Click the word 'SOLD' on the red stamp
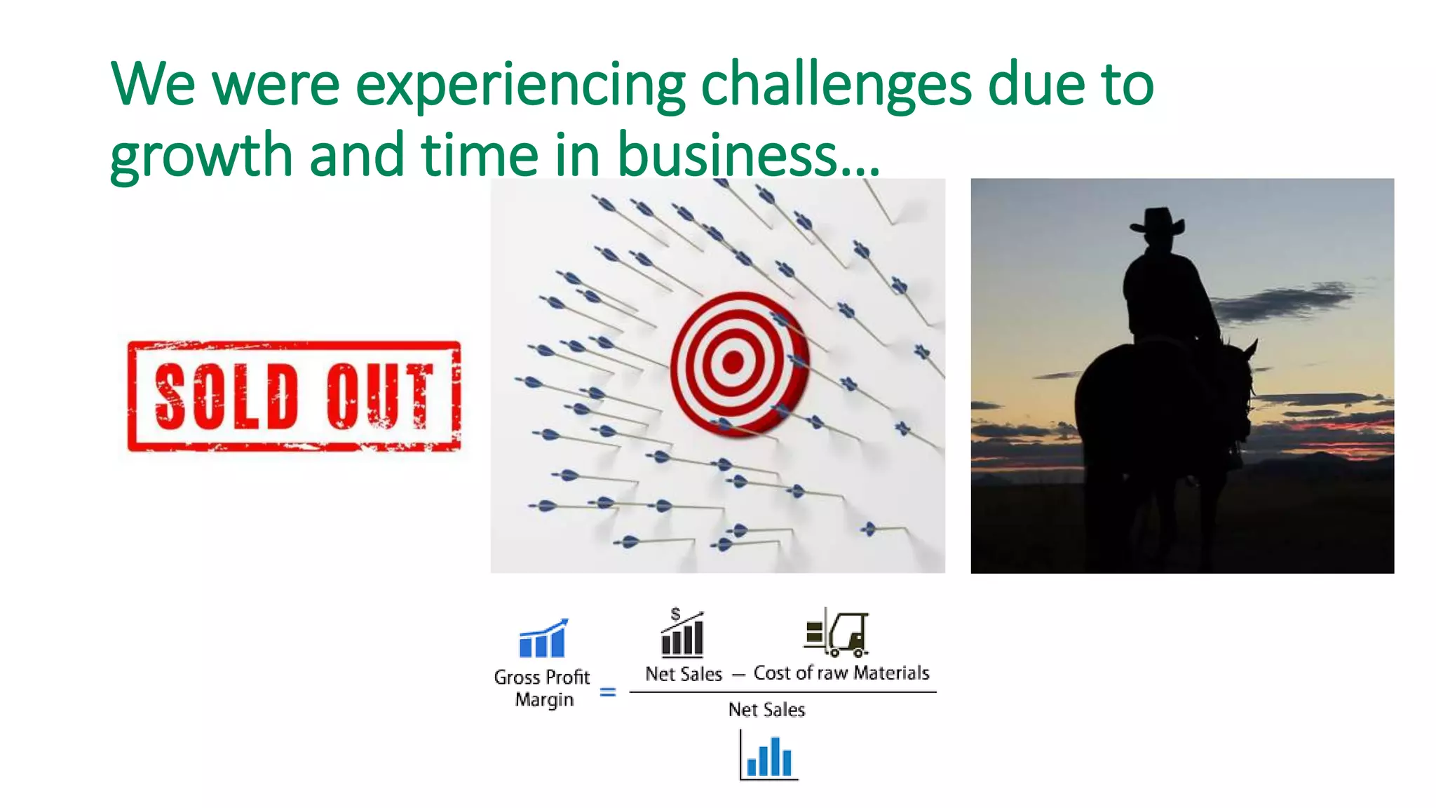(x=226, y=397)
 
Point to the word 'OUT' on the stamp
(x=379, y=397)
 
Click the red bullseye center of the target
(x=733, y=363)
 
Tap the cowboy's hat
(x=1158, y=222)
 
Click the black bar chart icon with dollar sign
(x=682, y=633)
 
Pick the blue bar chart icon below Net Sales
(x=768, y=756)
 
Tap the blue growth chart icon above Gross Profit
(x=543, y=638)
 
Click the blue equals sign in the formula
(x=608, y=692)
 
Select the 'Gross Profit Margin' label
(x=542, y=688)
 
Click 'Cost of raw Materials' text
(x=841, y=673)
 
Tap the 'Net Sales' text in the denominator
(x=766, y=710)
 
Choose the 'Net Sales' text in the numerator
(x=684, y=674)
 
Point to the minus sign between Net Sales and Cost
(x=738, y=675)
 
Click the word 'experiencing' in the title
(x=520, y=86)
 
